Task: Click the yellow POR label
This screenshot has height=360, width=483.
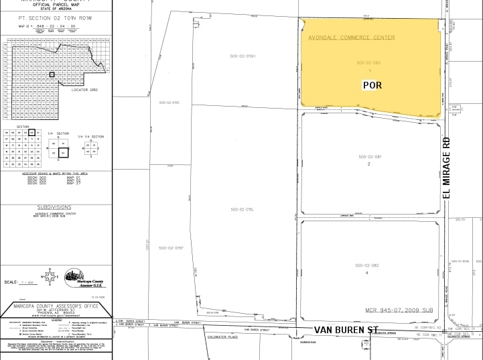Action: coord(372,85)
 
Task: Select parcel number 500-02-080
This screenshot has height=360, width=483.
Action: coord(368,63)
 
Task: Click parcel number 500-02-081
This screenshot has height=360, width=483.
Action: coord(369,157)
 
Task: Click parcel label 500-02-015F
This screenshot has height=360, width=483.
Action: coord(171,248)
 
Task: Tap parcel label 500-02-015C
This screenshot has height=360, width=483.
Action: coord(168,103)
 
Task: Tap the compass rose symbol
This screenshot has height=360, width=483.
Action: coord(48,276)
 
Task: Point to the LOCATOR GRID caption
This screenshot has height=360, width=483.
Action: coord(85,90)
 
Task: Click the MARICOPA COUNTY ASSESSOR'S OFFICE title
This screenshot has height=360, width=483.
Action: coord(55,306)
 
